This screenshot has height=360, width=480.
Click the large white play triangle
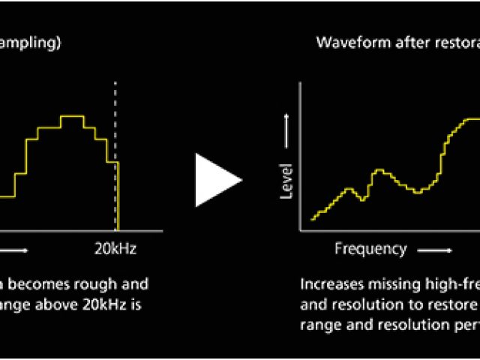point(215,180)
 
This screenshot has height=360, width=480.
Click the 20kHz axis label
point(115,249)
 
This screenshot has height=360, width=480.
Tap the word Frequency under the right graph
point(370,249)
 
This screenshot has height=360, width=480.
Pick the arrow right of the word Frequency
point(435,250)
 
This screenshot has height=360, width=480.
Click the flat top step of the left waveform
point(73,116)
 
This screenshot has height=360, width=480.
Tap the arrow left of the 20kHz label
point(15,250)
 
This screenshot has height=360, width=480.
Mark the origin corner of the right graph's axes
point(301,230)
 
